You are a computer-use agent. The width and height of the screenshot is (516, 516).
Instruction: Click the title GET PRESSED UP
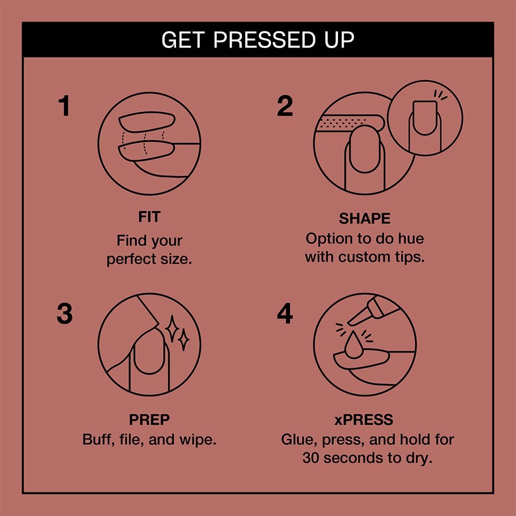(257, 40)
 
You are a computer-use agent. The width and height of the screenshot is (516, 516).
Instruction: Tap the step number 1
(64, 106)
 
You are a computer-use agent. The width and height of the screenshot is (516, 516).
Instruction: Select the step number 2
(285, 106)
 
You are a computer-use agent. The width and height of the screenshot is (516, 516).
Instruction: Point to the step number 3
(64, 314)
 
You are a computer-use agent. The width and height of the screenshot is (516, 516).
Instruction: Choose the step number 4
(285, 314)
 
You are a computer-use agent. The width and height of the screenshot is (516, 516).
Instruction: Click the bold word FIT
(149, 217)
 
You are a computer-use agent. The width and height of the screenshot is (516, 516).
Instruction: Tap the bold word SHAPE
(364, 218)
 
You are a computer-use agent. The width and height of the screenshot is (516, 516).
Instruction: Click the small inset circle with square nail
(425, 118)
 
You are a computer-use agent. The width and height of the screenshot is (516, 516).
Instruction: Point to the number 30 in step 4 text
(312, 458)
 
